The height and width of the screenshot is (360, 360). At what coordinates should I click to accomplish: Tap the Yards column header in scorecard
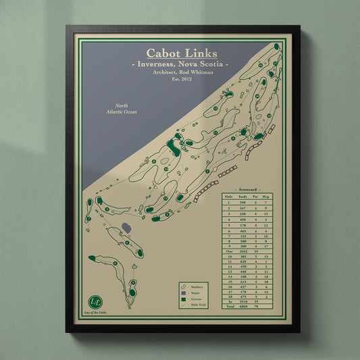(242, 197)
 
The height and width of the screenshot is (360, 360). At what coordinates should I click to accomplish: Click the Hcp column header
(265, 197)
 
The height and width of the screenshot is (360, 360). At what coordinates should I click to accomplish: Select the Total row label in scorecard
(229, 307)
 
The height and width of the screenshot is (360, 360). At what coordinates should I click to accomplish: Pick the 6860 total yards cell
(242, 307)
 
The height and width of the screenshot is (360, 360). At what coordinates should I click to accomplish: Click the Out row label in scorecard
(229, 251)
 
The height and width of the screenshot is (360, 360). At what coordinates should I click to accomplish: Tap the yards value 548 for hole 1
(242, 202)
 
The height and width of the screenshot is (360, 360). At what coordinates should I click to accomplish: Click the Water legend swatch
(184, 293)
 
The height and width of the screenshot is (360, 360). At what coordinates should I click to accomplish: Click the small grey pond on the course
(126, 230)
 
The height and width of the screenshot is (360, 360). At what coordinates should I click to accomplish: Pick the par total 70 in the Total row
(255, 307)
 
